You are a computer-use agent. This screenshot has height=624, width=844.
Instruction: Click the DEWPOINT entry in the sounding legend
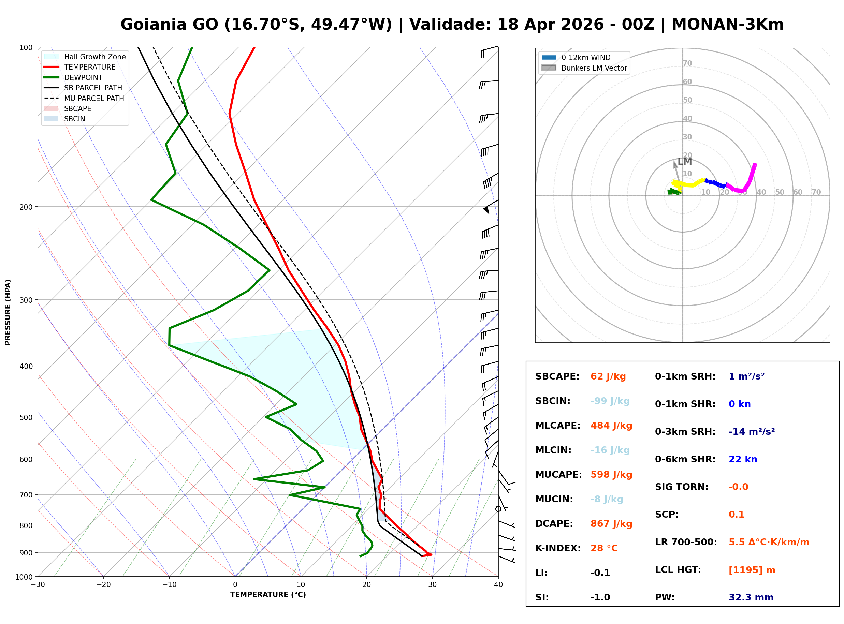click(x=83, y=77)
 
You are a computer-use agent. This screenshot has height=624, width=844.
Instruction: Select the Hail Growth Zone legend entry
click(x=94, y=57)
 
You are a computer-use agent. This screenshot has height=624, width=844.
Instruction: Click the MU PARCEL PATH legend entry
click(x=94, y=98)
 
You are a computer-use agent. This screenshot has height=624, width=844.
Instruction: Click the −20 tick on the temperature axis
click(x=103, y=585)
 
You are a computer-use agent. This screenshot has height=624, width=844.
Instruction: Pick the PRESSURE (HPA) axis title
click(x=8, y=312)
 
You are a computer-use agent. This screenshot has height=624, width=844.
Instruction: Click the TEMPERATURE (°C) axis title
click(x=268, y=595)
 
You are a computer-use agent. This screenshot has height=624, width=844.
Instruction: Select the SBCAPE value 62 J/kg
click(x=608, y=376)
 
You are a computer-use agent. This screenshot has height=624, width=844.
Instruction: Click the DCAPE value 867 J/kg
click(x=611, y=524)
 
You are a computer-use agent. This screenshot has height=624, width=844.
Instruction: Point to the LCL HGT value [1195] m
click(x=752, y=570)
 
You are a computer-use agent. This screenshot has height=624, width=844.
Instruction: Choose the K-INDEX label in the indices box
click(x=558, y=548)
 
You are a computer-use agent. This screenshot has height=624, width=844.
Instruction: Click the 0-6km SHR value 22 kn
click(x=742, y=459)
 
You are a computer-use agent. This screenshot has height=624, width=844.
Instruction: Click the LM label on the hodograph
click(x=685, y=162)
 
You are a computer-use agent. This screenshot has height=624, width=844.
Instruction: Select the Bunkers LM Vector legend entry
click(x=594, y=68)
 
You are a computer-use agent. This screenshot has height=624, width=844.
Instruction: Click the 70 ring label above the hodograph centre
click(x=687, y=63)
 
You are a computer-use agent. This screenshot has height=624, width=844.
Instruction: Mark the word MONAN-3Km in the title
click(x=727, y=25)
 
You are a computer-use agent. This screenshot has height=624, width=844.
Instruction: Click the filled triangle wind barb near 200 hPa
click(x=486, y=210)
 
